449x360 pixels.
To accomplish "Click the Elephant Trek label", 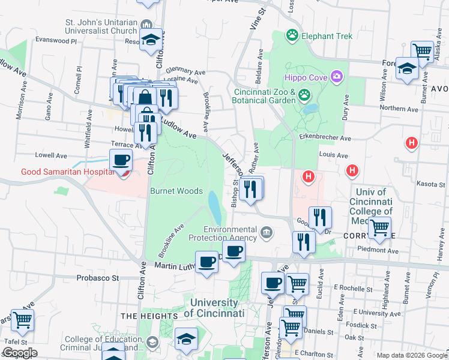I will tap(327, 36).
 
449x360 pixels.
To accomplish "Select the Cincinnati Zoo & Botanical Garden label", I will tap(265, 97).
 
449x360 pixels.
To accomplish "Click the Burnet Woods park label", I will tap(176, 191).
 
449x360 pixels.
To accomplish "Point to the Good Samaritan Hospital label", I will tap(67, 172).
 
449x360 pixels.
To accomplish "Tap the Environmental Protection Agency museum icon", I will tap(266, 232).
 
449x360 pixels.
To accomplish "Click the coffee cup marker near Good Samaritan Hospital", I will tap(121, 160).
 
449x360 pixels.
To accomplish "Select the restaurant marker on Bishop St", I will tap(251, 189).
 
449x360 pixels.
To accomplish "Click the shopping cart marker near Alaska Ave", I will tap(423, 52).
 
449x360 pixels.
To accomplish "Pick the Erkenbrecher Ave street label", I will tap(325, 138).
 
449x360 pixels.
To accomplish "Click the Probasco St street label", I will tap(98, 278).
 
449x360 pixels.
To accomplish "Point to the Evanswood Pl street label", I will tap(56, 41).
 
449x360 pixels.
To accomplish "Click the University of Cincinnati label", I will tap(214, 308).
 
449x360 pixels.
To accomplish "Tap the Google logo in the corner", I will tap(19, 353).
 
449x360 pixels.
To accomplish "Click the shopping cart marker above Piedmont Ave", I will tap(379, 227).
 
